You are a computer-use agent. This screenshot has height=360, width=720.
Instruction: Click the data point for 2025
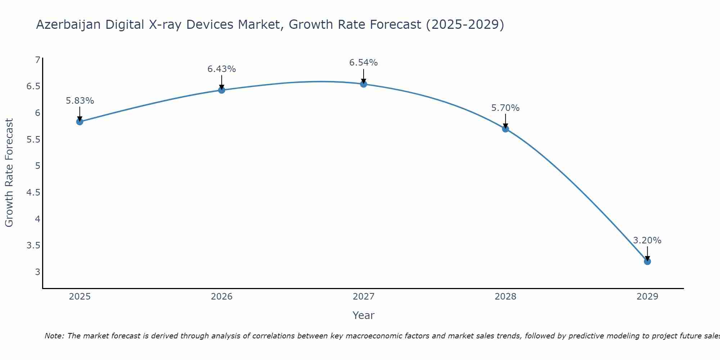coord(80,122)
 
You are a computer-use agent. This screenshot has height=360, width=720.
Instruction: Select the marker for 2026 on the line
coord(222,90)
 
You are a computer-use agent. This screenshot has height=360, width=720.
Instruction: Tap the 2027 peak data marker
coord(364,84)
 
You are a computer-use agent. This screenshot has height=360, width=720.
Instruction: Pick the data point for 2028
coord(505,129)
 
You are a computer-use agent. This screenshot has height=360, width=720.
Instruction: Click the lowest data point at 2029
coord(647,261)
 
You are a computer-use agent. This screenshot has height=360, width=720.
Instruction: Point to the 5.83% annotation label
coord(80,101)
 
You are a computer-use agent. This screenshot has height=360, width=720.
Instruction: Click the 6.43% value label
coord(222,69)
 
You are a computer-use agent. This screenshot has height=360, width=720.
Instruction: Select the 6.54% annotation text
coord(364,63)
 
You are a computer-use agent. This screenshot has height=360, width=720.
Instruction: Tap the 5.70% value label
coord(505,108)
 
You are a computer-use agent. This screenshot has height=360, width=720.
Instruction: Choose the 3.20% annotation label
coord(647,240)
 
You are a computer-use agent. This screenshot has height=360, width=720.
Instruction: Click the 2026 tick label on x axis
coord(222,297)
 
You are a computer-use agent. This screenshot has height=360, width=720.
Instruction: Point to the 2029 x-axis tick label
coord(647,297)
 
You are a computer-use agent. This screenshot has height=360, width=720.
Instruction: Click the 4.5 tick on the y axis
coord(33,193)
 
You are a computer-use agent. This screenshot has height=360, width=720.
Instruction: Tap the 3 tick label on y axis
coord(37,272)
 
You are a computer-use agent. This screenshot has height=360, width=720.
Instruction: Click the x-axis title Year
coord(364,315)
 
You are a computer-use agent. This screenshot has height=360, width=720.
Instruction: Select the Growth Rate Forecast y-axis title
coord(9,173)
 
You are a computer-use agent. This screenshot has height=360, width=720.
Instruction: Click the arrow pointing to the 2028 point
coord(505,121)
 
